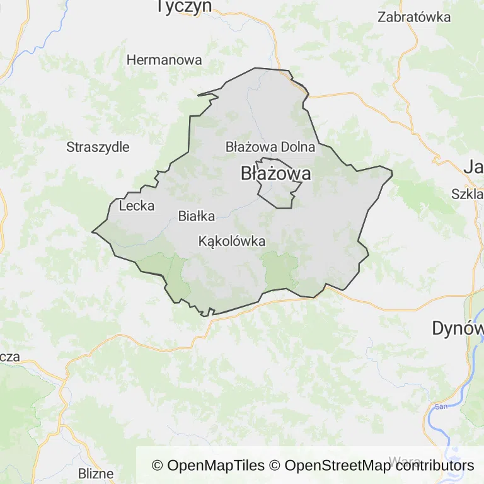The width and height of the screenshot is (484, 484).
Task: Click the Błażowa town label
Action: pyautogui.click(x=275, y=174)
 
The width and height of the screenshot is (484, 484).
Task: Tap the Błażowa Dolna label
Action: pyautogui.click(x=270, y=147)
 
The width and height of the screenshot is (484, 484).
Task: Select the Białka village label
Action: pyautogui.click(x=197, y=216)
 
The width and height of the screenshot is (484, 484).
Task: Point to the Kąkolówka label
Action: pyautogui.click(x=231, y=241)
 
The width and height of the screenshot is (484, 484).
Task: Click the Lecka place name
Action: pyautogui.click(x=136, y=205)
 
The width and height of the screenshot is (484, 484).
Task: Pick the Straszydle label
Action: pyautogui.click(x=98, y=147)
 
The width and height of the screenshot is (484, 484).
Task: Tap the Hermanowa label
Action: pyautogui.click(x=164, y=60)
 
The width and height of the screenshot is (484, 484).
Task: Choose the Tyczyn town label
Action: pyautogui.click(x=184, y=7)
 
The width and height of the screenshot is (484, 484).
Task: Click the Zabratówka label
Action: pyautogui.click(x=414, y=17)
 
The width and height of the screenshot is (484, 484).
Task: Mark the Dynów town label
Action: pyautogui.click(x=458, y=328)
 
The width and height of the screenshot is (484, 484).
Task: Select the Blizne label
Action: pyautogui.click(x=96, y=473)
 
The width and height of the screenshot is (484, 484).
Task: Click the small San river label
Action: pyautogui.click(x=441, y=406)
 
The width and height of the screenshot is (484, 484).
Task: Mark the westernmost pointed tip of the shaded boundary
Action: pyautogui.click(x=93, y=232)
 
